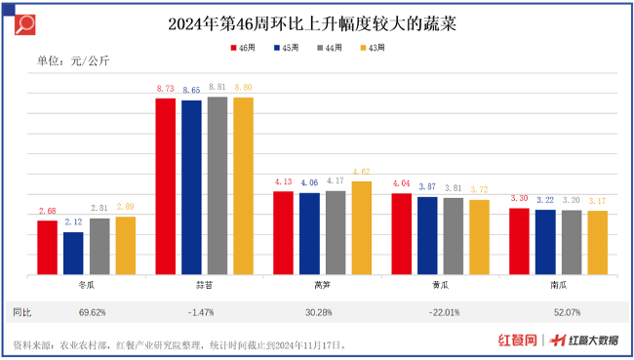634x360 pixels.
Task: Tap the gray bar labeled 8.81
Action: coord(217,185)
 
